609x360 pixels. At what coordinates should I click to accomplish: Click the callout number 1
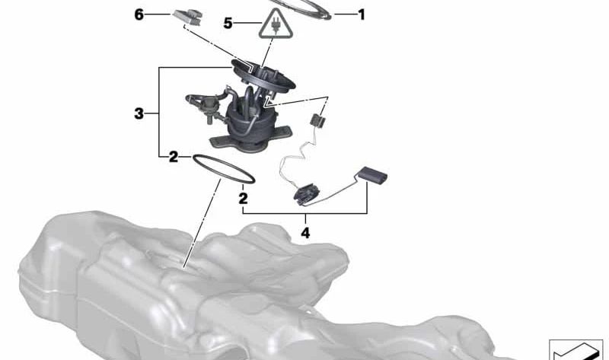pos(361,14)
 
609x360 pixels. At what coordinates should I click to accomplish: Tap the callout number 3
pos(139,114)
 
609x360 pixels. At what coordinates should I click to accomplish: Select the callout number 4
pos(305,233)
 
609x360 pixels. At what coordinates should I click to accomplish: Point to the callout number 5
pos(228,24)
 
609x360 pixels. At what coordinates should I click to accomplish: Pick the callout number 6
pos(139,14)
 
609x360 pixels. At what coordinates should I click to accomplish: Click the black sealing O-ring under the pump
pos(222,169)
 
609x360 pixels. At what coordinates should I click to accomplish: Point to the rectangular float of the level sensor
pos(372,176)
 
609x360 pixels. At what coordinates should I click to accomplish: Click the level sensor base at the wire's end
pos(308,195)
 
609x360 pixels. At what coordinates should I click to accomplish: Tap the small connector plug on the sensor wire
pos(318,119)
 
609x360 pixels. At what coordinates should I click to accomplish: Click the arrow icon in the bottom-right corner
pos(575,349)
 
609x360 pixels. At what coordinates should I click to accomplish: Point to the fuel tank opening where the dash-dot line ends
pos(185,265)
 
